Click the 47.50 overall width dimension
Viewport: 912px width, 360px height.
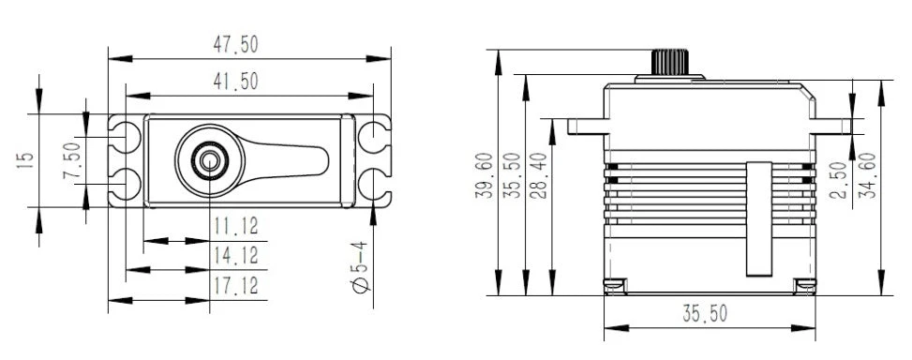237,44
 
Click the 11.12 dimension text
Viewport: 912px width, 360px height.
236,226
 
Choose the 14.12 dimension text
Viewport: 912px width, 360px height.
236,254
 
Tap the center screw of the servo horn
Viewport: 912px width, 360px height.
207,160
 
